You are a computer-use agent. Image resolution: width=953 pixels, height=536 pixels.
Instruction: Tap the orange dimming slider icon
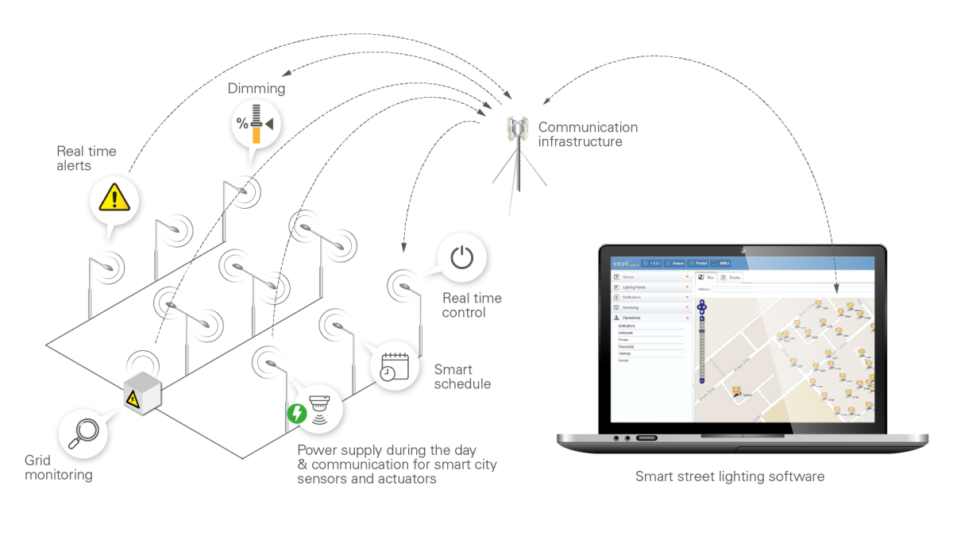[x=256, y=124]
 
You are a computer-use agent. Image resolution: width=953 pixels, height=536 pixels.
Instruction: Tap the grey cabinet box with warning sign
[x=142, y=392]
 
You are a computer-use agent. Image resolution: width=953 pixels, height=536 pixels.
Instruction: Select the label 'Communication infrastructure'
[x=587, y=134]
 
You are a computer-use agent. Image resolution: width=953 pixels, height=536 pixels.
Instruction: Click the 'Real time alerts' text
[x=86, y=158]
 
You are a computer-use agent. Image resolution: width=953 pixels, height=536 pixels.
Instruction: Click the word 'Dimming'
[x=256, y=88]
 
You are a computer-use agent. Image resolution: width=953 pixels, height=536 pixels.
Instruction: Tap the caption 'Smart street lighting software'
[x=730, y=476]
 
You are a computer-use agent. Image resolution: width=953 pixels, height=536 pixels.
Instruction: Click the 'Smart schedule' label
[x=461, y=376]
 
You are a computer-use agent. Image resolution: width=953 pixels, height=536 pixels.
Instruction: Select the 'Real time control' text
[x=472, y=305]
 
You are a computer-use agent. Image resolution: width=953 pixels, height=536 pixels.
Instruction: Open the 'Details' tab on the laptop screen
[x=732, y=278]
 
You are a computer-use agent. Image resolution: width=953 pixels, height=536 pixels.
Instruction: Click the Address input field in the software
[x=786, y=289]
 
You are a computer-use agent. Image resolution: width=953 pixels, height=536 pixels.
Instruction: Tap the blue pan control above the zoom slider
[x=701, y=306]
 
